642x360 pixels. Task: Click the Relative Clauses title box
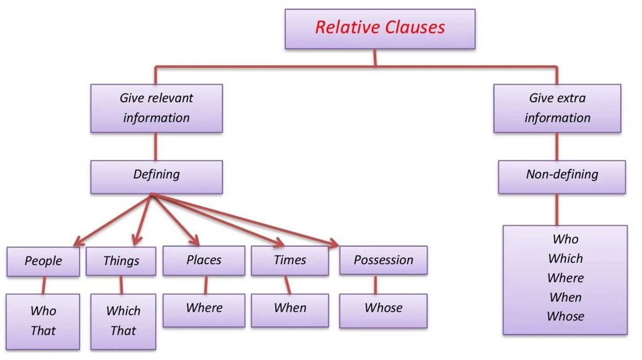(380, 29)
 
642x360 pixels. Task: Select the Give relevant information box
(156, 109)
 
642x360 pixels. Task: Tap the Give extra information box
(557, 109)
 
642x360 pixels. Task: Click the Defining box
(156, 177)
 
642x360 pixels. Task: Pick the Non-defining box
(562, 177)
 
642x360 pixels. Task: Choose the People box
(43, 262)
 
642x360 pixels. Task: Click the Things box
(121, 262)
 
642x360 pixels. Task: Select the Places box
(204, 260)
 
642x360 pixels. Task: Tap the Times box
(290, 260)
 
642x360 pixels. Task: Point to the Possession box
(383, 260)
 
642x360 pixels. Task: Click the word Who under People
(43, 311)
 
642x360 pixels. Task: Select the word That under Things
(124, 331)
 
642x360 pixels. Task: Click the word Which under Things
(124, 311)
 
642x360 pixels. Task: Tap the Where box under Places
(204, 310)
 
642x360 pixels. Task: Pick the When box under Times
(290, 310)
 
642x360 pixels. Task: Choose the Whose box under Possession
(383, 311)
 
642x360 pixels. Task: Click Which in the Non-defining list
(566, 258)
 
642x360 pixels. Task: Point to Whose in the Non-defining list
(566, 316)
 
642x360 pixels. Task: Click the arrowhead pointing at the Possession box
(334, 243)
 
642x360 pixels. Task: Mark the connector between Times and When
(288, 285)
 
